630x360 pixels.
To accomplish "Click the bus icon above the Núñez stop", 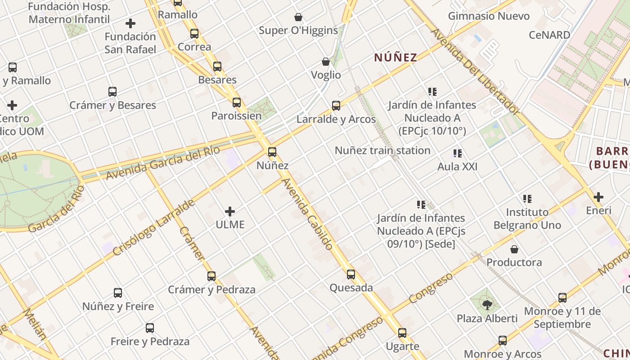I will coord(272,152).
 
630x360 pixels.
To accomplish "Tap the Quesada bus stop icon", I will coord(351,274).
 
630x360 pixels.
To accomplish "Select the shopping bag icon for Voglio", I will coord(326,62).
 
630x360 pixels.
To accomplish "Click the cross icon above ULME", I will coord(230,211).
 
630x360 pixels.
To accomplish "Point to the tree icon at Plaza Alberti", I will coord(487,305).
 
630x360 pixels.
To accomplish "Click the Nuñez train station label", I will coord(382,150).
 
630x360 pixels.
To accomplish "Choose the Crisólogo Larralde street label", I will coord(153,227).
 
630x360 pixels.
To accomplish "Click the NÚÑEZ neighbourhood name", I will coord(396,58).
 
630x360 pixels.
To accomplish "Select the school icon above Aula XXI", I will coord(458,153).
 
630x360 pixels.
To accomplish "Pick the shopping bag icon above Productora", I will coord(514,249).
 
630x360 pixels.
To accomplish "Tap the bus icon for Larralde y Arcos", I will coord(336,106).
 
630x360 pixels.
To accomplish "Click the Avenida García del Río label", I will coord(163,163).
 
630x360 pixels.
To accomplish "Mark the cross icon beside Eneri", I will coord(598,197).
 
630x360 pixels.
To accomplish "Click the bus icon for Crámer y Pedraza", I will coord(211,276).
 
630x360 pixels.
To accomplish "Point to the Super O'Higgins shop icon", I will coord(298,18).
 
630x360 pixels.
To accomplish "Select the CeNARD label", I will coord(549,35).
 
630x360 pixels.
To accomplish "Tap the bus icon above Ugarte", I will coord(402,333).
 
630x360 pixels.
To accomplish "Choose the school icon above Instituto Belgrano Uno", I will coord(527,198).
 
